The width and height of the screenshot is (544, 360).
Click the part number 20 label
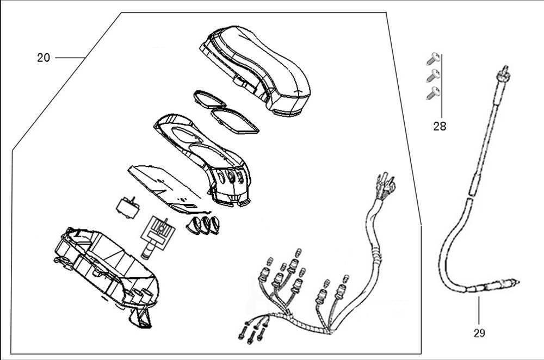(44, 58)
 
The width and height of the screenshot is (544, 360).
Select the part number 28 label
(440, 127)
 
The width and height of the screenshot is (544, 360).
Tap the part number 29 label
(479, 333)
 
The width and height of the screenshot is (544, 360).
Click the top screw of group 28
(434, 59)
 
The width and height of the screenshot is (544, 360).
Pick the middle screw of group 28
(434, 76)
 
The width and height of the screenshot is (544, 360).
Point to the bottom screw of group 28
(434, 94)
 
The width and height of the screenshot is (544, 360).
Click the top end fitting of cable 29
(503, 73)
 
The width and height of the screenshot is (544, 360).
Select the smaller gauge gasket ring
(209, 99)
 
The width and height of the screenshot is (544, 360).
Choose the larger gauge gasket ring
(235, 120)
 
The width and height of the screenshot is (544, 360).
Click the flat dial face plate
(169, 189)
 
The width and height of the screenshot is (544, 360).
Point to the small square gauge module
(127, 207)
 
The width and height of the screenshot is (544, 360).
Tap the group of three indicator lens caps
(203, 225)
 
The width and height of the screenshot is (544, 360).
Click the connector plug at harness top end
(386, 186)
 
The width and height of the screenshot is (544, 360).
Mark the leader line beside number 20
(70, 58)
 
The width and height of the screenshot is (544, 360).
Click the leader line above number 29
(479, 311)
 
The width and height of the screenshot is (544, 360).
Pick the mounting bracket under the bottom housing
(140, 318)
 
